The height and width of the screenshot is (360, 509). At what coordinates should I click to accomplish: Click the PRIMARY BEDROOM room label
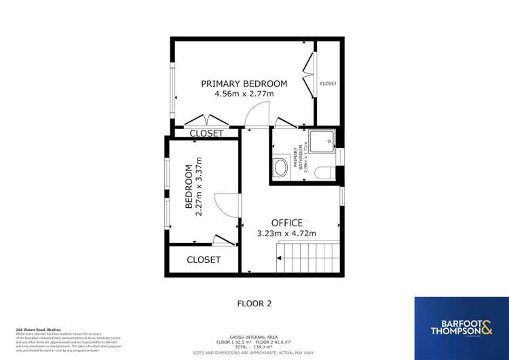click(244, 84)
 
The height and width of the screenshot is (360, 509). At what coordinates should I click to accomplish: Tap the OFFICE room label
click(286, 223)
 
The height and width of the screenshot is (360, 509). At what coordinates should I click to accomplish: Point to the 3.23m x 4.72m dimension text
click(286, 234)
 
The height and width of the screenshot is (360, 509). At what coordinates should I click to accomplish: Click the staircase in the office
click(308, 261)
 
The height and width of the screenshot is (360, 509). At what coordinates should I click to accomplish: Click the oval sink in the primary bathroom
click(280, 168)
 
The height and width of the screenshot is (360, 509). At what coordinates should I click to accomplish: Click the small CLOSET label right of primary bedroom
click(328, 84)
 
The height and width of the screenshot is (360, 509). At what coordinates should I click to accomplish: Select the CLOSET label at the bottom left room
click(204, 259)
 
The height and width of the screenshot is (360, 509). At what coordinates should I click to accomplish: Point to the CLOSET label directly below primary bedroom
click(206, 134)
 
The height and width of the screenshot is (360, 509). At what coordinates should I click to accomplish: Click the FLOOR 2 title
click(254, 304)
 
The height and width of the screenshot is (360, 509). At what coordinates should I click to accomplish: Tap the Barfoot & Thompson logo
click(461, 327)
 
